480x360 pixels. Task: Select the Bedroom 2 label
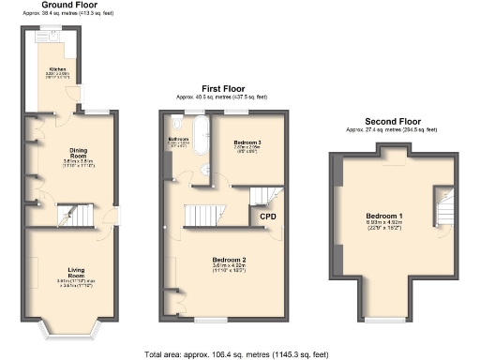tap(228, 258)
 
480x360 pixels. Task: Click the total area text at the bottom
tap(239, 354)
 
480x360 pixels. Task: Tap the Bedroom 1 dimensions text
tap(384, 225)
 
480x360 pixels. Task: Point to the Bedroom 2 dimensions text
tap(228, 267)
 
